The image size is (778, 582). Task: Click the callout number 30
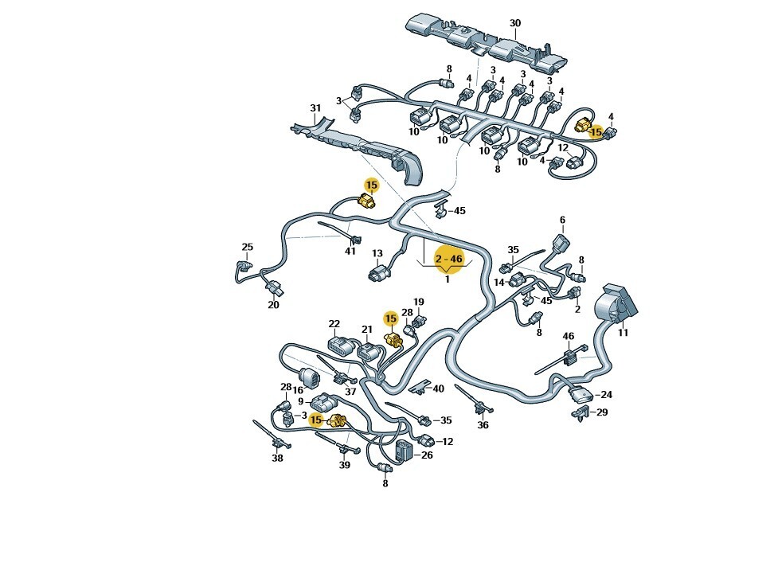pyautogui.click(x=515, y=23)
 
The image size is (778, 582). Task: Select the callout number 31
pyautogui.click(x=315, y=107)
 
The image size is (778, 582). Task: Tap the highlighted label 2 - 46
pyautogui.click(x=448, y=259)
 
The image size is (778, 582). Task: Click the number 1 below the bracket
pyautogui.click(x=447, y=279)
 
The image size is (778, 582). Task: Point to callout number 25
pyautogui.click(x=247, y=247)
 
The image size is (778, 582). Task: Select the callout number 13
pyautogui.click(x=377, y=253)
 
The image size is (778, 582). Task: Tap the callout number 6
pyautogui.click(x=562, y=220)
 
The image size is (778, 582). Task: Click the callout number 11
pyautogui.click(x=623, y=333)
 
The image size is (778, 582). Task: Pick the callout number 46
pyautogui.click(x=568, y=336)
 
